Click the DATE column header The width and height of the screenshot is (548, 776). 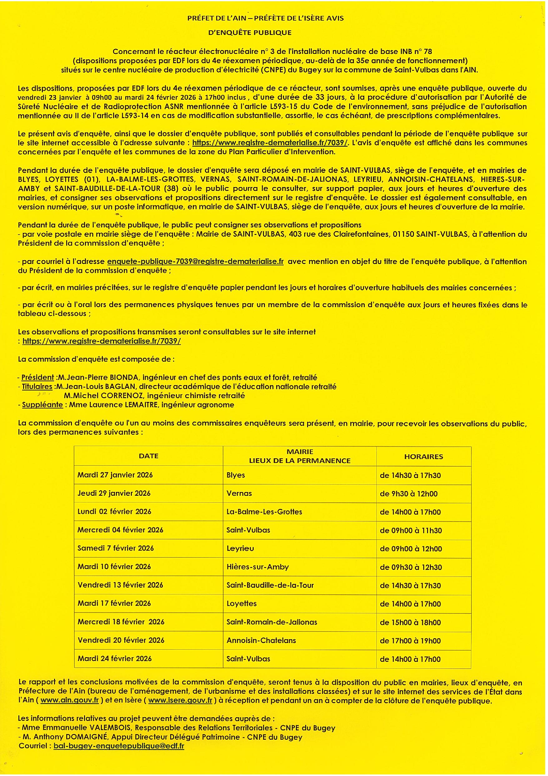click(149, 456)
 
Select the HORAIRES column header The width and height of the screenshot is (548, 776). click(423, 457)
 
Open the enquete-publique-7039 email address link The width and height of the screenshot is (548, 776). click(195, 261)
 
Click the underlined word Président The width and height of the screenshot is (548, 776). click(37, 377)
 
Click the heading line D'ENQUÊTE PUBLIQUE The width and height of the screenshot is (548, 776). click(250, 33)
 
